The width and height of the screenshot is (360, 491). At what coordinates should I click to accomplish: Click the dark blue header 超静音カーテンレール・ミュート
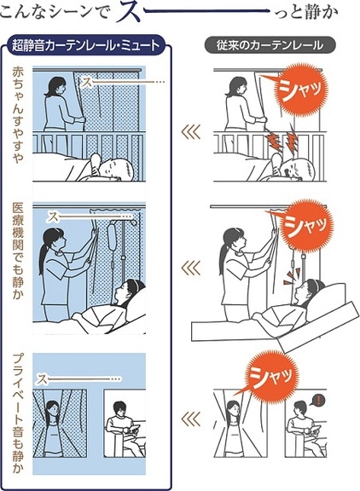click(86, 45)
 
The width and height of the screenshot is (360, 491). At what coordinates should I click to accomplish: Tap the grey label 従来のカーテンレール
click(270, 45)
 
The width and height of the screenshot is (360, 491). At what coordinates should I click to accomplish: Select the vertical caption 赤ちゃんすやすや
click(18, 115)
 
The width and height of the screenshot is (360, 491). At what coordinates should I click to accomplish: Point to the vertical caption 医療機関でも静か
click(18, 251)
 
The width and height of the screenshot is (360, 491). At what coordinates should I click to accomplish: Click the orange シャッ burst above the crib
click(300, 89)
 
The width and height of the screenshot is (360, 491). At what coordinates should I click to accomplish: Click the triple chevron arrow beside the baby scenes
click(190, 132)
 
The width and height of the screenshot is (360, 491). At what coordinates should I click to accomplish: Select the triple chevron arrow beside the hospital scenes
click(190, 268)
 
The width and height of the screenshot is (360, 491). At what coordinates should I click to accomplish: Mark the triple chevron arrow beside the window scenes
click(190, 419)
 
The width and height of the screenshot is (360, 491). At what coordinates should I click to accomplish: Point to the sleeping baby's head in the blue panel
click(118, 168)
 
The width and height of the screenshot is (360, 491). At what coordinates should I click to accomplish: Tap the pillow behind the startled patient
click(326, 301)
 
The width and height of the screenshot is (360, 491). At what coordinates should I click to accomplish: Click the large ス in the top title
click(130, 12)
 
